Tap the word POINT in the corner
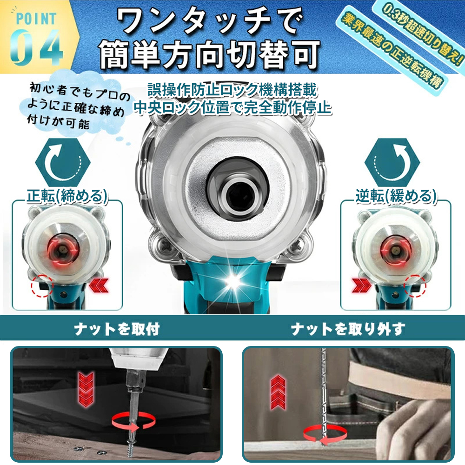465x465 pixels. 36,19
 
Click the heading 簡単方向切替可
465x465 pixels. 210,55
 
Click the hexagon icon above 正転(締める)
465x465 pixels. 63,162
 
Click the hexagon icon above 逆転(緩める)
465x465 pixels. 392,162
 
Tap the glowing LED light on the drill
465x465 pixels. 233,282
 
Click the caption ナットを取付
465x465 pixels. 117,329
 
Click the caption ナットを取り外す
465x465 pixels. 347,329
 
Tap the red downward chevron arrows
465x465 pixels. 86,389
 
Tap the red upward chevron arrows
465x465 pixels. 278,392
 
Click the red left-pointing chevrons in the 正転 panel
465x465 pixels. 99,286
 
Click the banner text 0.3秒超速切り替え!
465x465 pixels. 422,33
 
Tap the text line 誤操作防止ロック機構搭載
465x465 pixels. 232,90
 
